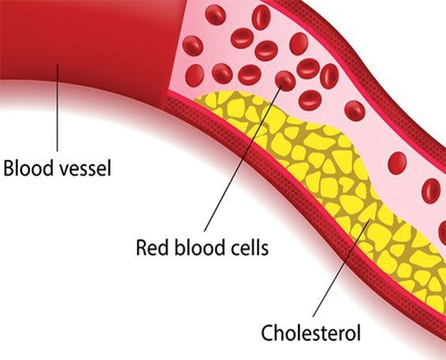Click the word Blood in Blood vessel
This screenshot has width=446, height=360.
28,168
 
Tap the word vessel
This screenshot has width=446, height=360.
86,168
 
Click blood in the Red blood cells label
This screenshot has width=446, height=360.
199,247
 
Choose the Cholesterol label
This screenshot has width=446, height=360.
311,332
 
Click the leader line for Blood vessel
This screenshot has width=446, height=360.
57,108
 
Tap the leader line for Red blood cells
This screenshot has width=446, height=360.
244,157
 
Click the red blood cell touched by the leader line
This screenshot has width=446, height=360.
285,81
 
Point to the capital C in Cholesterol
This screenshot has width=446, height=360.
268,332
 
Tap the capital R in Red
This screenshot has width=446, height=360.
142,248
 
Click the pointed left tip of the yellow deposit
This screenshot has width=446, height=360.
195,100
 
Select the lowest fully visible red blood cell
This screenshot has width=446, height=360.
431,191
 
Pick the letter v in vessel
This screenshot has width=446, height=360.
66,170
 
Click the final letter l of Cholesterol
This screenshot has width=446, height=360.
358,332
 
